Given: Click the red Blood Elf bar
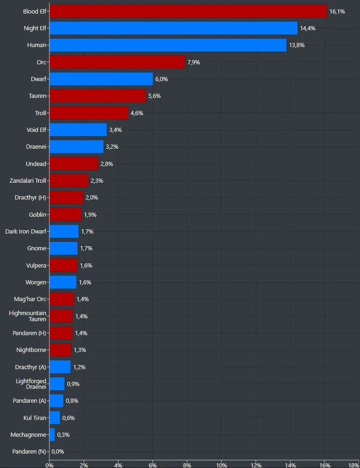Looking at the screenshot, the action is click(188, 11).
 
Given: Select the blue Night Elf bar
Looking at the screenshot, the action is click(174, 28).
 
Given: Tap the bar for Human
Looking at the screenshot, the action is click(168, 45).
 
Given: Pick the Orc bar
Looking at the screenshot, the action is click(117, 62).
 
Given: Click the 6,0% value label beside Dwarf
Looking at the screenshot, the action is click(161, 79).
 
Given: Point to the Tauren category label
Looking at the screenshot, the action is click(37, 96).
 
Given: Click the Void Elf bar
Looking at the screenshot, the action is click(78, 130).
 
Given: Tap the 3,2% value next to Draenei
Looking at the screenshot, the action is click(112, 146).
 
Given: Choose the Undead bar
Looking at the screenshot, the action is click(74, 164).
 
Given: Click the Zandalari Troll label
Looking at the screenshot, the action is click(28, 180).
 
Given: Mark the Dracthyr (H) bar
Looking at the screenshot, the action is click(67, 198).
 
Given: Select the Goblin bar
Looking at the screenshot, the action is click(66, 214).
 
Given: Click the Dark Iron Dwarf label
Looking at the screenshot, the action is click(26, 231).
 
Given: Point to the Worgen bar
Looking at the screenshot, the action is click(63, 282).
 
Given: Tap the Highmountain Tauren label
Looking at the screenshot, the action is click(27, 316).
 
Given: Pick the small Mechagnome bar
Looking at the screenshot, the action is click(52, 434).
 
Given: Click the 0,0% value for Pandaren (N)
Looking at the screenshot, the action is click(58, 452).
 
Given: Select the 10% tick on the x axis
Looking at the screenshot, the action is click(222, 465).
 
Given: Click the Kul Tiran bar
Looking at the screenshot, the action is click(55, 418).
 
